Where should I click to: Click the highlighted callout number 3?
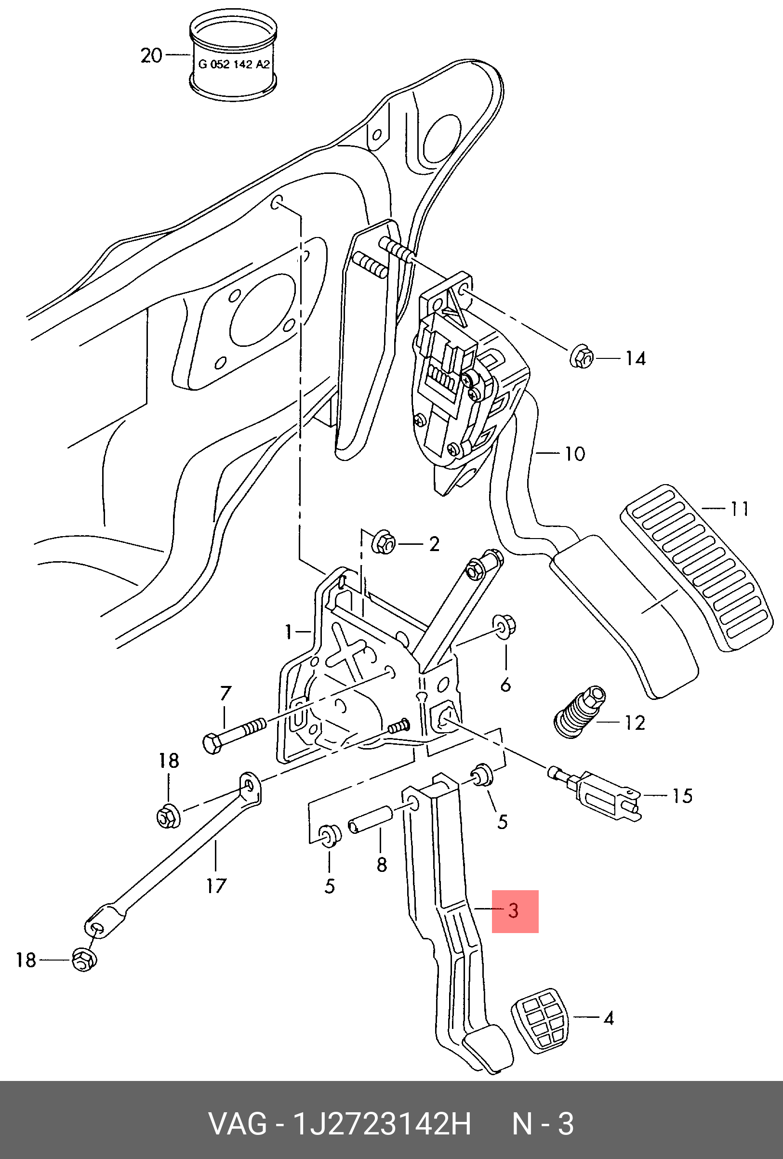click(x=514, y=910)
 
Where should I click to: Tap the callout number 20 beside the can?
click(x=151, y=55)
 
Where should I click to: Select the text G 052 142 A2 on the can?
click(x=233, y=65)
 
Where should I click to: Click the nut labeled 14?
click(x=581, y=357)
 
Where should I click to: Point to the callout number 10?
click(x=574, y=454)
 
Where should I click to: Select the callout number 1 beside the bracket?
click(x=288, y=632)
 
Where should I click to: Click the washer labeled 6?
click(x=504, y=626)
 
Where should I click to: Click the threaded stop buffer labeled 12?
click(x=580, y=715)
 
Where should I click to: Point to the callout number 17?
click(x=216, y=886)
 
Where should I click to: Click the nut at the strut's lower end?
click(x=84, y=960)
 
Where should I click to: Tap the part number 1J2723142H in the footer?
click(x=382, y=1124)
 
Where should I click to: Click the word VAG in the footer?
click(x=238, y=1124)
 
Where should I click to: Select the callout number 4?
click(x=609, y=1018)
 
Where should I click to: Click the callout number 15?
click(x=682, y=795)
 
